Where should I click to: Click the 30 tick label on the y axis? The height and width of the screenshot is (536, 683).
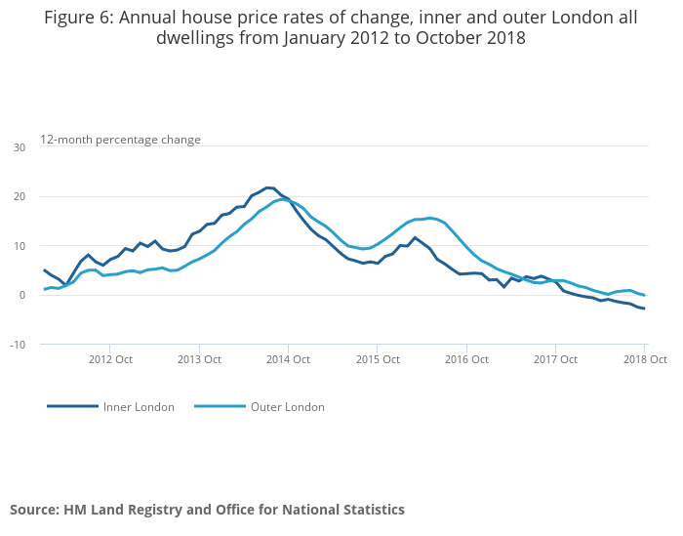[20, 147]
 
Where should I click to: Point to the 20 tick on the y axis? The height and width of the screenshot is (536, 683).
[20, 196]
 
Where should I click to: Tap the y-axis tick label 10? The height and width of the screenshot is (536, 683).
[20, 246]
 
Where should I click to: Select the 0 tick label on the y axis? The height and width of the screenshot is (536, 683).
[21, 295]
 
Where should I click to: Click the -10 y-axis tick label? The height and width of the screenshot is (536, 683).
[18, 345]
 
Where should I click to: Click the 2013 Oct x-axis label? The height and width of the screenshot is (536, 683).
[198, 359]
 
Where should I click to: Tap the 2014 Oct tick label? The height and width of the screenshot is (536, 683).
[288, 359]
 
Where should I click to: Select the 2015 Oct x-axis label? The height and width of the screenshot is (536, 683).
[377, 359]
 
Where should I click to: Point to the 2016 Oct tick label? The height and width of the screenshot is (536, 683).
[465, 359]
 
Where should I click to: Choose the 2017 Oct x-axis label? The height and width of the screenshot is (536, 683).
[555, 359]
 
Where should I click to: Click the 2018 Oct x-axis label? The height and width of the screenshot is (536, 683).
[644, 359]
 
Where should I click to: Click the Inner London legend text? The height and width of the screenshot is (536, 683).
[139, 407]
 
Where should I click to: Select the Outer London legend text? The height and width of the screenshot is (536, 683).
[288, 407]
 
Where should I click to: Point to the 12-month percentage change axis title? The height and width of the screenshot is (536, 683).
[120, 140]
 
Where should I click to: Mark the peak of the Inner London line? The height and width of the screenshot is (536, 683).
[269, 187]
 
